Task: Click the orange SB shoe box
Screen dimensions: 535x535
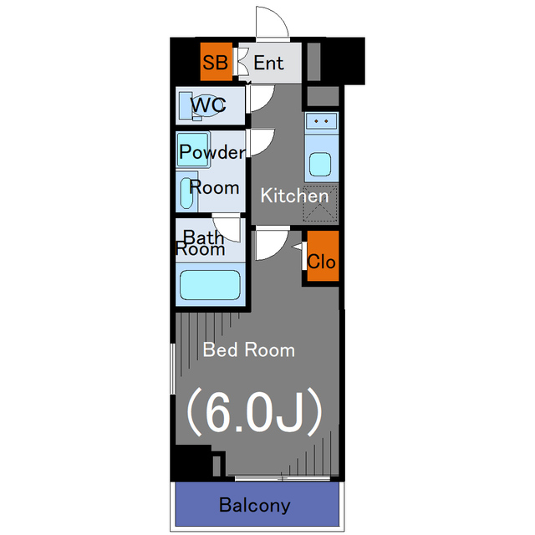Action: pyautogui.click(x=215, y=63)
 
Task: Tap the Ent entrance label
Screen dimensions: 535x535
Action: pyautogui.click(x=268, y=63)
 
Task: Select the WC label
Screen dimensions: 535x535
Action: pyautogui.click(x=208, y=106)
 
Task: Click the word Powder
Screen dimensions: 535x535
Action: pyautogui.click(x=212, y=152)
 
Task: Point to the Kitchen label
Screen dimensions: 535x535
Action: pyautogui.click(x=294, y=196)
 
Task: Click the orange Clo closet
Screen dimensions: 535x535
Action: pyautogui.click(x=322, y=261)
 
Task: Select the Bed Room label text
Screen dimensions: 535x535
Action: pyautogui.click(x=249, y=349)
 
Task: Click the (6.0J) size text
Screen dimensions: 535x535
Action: pyautogui.click(x=253, y=411)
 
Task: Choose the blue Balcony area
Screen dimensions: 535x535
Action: pyautogui.click(x=256, y=505)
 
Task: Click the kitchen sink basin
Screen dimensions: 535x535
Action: pyautogui.click(x=321, y=161)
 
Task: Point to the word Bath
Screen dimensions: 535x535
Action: pyautogui.click(x=203, y=237)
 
